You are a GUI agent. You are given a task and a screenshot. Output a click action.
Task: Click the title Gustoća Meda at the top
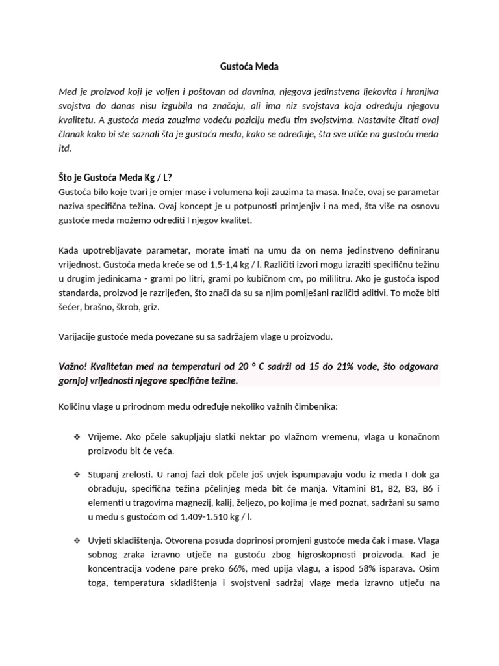click(249, 66)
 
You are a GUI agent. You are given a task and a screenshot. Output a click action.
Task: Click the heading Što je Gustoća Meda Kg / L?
click(116, 178)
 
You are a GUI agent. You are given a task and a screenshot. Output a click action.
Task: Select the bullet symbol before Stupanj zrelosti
click(76, 479)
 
